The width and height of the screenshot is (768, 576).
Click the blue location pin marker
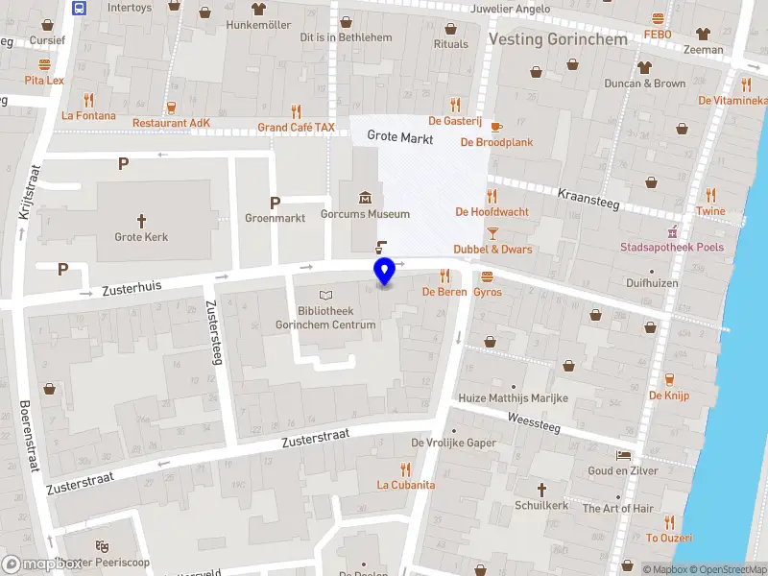click(385, 272)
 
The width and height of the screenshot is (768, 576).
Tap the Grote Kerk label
click(141, 237)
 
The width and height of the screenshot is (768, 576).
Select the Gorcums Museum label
click(365, 215)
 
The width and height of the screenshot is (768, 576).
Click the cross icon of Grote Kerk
click(141, 220)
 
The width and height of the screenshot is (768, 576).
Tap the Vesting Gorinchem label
click(558, 39)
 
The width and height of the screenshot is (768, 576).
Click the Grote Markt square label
click(400, 138)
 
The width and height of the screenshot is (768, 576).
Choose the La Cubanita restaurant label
click(405, 485)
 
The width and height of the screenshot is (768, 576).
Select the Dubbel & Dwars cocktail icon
click(492, 232)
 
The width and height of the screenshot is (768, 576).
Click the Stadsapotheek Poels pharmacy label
click(671, 248)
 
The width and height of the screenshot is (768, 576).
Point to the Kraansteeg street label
click(588, 200)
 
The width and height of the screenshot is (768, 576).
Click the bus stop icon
click(79, 9)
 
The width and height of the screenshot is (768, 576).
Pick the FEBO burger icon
click(659, 18)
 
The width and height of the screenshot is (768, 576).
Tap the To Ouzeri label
click(669, 538)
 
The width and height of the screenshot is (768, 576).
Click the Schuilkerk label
click(541, 505)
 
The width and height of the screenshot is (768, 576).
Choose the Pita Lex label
click(44, 81)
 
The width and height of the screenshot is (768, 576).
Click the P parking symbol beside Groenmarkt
click(275, 203)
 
